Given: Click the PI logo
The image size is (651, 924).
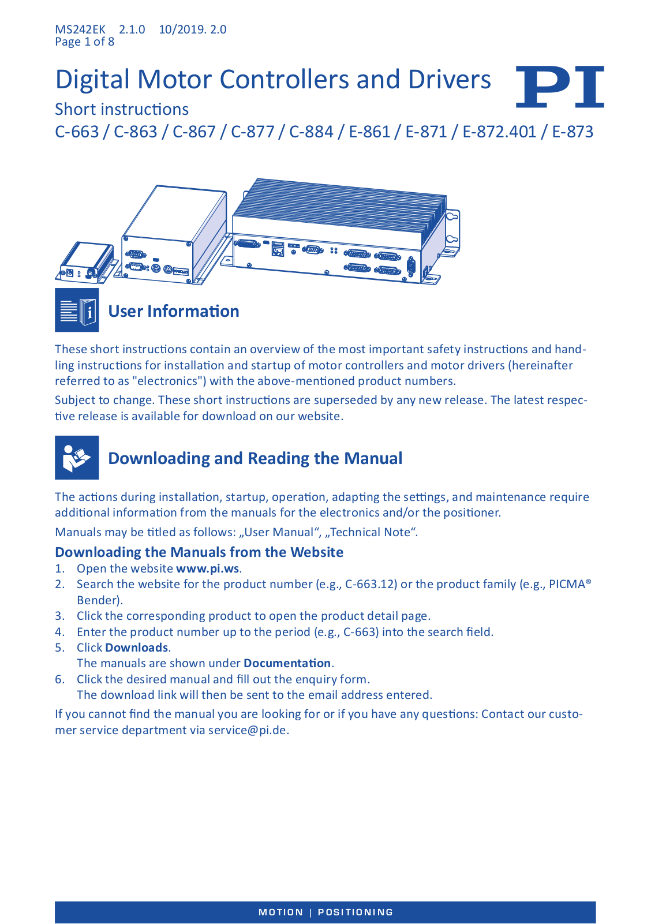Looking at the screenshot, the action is click(x=560, y=87).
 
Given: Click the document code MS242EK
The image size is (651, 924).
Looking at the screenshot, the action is click(x=80, y=29).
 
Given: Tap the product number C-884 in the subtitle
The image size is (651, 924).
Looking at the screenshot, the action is click(x=311, y=132).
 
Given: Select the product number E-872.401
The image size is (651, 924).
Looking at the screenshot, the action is click(x=499, y=132).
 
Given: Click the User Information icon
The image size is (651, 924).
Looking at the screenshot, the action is click(x=77, y=310).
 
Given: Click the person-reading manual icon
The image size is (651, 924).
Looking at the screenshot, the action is click(x=77, y=458).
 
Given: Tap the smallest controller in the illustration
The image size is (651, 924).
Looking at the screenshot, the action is click(x=87, y=263).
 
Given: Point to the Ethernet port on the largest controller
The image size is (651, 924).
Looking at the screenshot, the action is click(x=278, y=249).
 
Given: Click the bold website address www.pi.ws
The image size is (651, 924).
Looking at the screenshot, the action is click(x=208, y=568).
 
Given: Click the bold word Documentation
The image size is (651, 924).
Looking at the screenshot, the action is click(x=287, y=663).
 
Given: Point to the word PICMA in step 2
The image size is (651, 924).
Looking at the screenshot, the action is click(x=567, y=584).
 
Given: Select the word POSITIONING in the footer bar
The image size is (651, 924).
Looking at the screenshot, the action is click(x=355, y=912).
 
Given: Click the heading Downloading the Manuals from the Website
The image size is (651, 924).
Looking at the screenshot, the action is click(x=199, y=552).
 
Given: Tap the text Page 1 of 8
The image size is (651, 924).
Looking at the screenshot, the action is click(x=85, y=42).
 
